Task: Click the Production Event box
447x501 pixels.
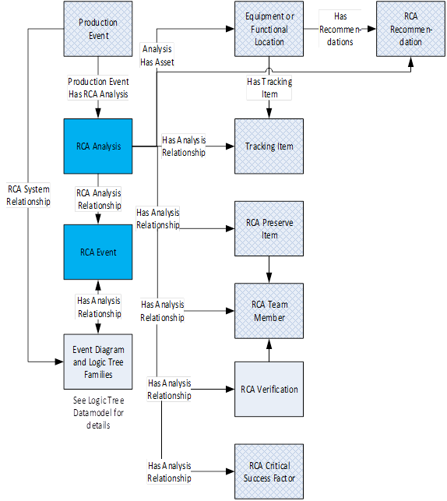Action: pos(98,29)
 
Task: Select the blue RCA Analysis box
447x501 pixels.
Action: pos(98,146)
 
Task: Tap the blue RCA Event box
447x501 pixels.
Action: pos(98,252)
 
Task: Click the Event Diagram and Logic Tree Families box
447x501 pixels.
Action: pos(98,362)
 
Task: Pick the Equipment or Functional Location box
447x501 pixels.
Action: pos(269,29)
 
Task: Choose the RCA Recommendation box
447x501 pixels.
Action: pos(410,29)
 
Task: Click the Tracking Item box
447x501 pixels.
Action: pos(269,146)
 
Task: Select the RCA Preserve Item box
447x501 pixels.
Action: pos(269,228)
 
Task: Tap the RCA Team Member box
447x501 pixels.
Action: pos(269,311)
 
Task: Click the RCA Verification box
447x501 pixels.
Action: pos(269,389)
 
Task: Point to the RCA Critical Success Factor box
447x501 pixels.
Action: pos(269,471)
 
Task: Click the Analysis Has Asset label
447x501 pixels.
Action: pos(157,55)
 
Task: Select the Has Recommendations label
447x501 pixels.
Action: pos(340,29)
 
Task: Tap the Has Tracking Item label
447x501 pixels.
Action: pos(269,88)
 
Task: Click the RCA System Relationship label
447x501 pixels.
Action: pos(28,196)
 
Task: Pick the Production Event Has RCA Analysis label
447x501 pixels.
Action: pos(98,88)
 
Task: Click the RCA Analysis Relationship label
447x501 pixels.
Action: pos(99,199)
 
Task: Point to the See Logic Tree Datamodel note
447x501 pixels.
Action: pos(98,412)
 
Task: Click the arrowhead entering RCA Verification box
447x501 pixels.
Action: pos(231,389)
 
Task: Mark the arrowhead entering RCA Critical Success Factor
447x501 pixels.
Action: pos(231,471)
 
